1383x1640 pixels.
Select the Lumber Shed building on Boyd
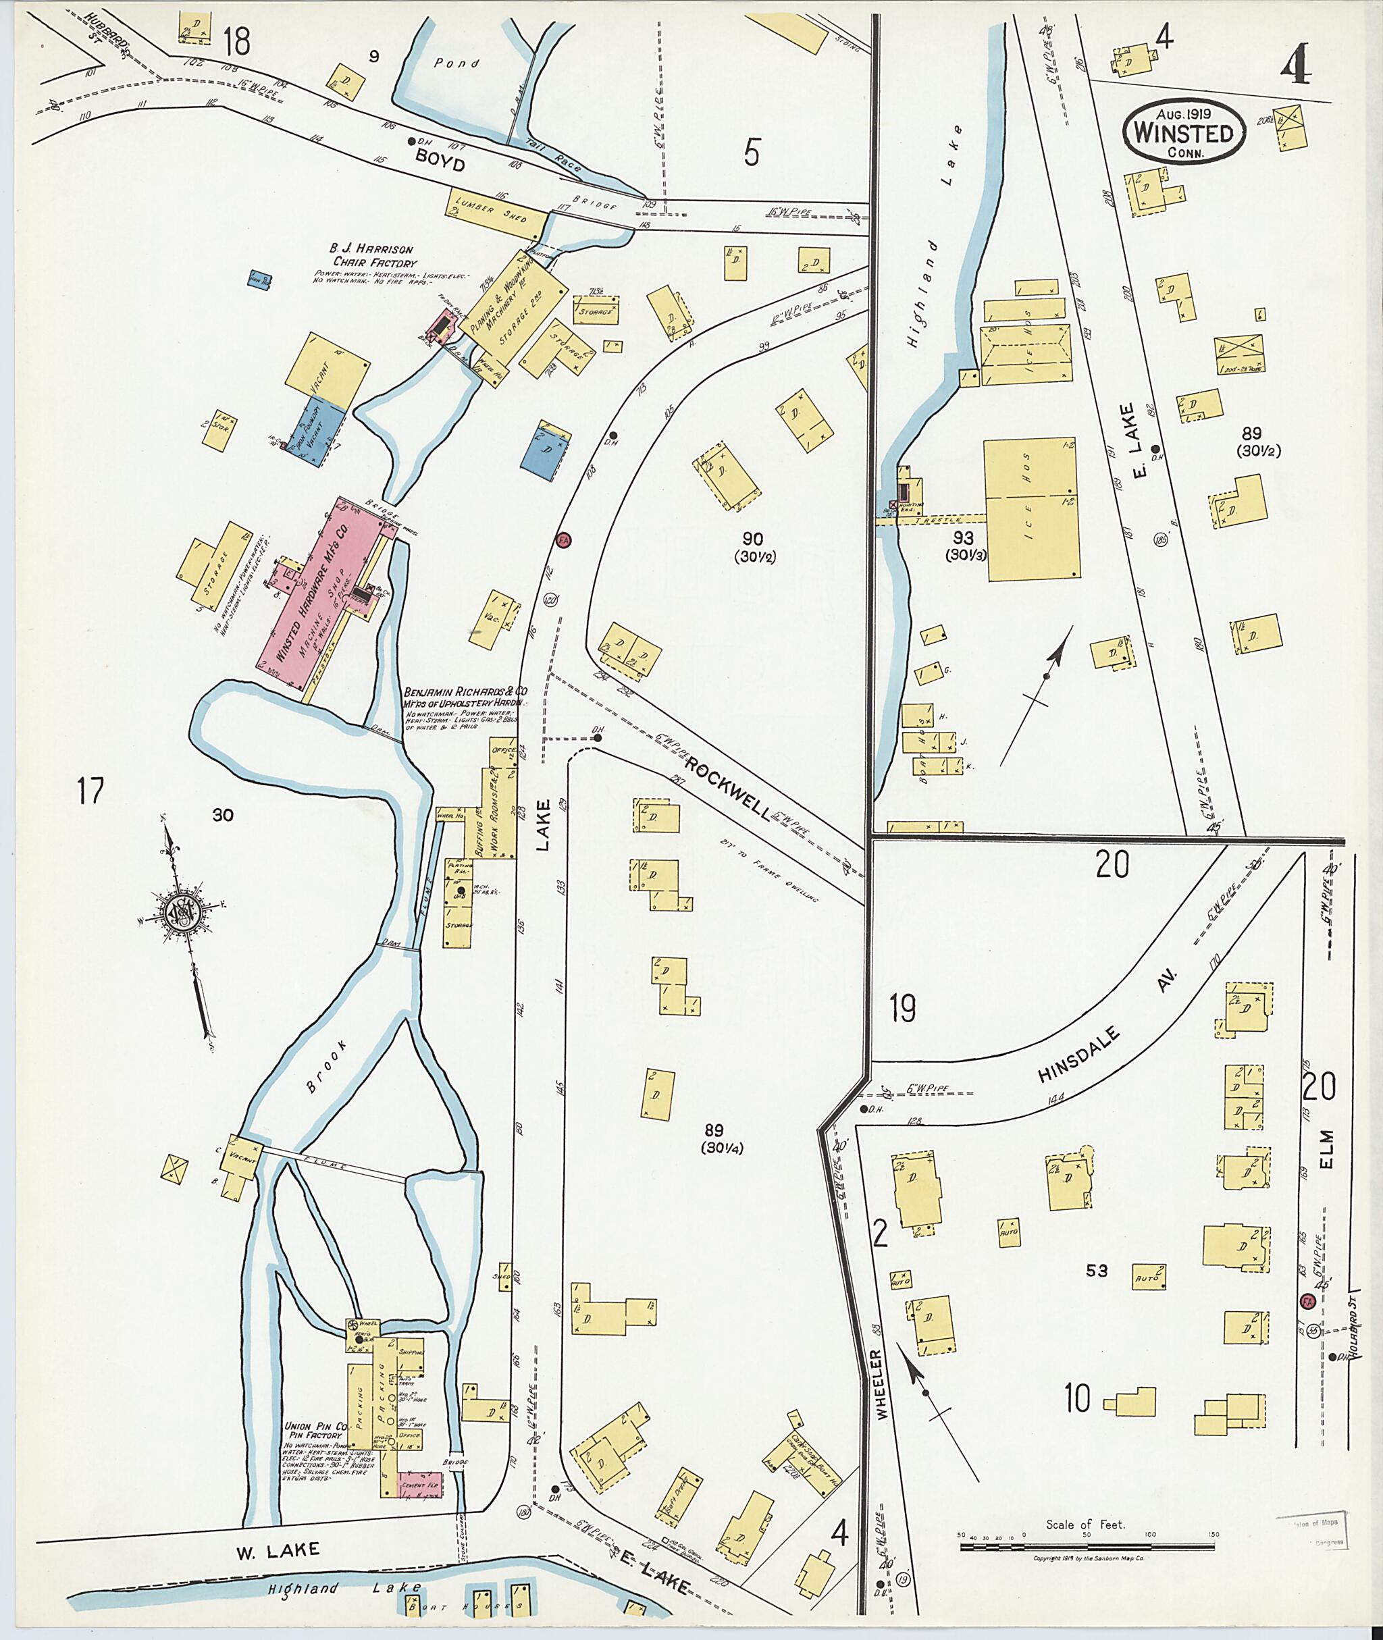coord(496,214)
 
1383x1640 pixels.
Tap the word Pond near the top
coord(457,63)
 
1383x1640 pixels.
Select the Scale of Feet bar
coord(1086,1548)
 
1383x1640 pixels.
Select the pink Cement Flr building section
coord(420,1485)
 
